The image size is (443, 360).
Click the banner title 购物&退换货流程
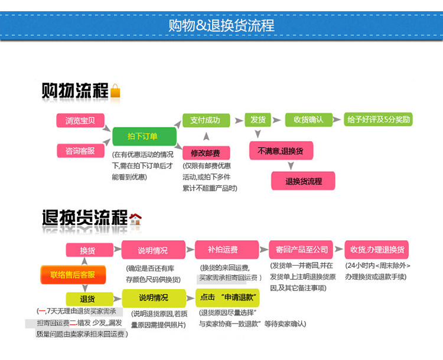(221, 26)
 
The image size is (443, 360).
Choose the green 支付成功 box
(205, 120)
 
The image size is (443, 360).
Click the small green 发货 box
(258, 119)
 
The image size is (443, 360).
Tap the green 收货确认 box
(308, 119)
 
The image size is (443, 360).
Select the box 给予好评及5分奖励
(379, 119)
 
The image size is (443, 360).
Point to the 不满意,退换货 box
(281, 151)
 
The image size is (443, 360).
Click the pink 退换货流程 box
(303, 181)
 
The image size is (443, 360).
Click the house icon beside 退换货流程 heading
(136, 219)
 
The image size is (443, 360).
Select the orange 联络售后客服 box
(73, 274)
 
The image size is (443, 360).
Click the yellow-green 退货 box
(89, 299)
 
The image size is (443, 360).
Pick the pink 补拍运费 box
(223, 250)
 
